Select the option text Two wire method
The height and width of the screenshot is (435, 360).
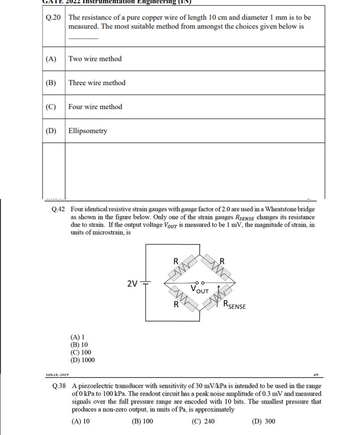95,59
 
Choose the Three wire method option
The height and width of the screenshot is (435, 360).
97,83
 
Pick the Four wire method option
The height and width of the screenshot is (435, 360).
95,107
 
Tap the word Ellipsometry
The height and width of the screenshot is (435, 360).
88,131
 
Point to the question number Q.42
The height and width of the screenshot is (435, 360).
59,209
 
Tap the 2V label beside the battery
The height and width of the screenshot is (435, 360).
133,283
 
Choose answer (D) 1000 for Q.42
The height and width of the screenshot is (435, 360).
82,360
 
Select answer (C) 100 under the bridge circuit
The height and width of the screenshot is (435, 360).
81,353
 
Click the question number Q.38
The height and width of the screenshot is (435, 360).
60,386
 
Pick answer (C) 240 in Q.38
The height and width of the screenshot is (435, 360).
203,421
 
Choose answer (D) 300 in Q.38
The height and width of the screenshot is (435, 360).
264,421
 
